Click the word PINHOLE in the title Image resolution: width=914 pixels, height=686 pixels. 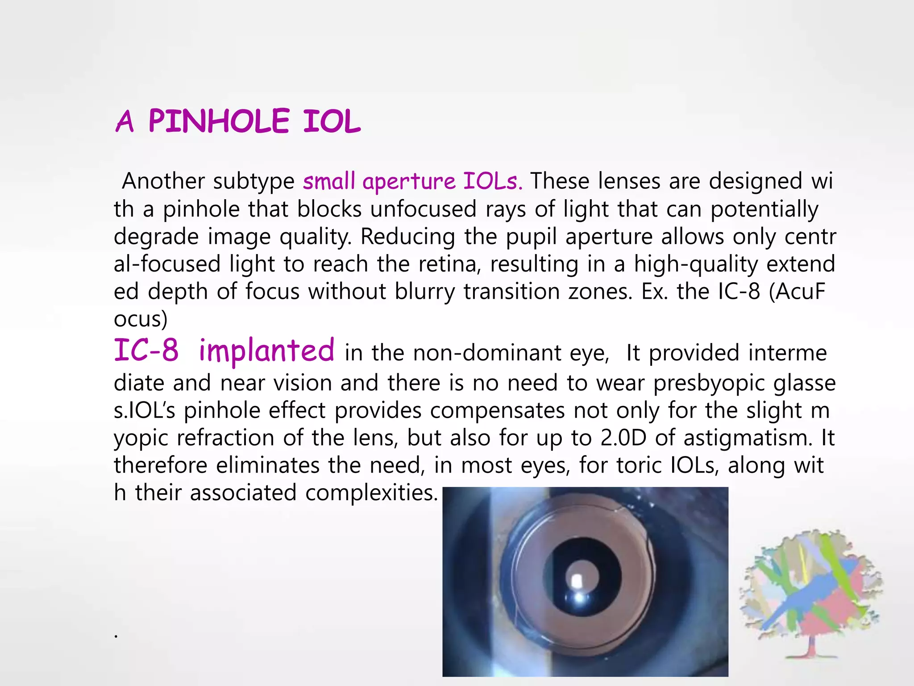[219, 121]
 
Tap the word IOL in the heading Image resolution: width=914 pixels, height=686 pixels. [332, 121]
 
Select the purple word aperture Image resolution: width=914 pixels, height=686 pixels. [409, 182]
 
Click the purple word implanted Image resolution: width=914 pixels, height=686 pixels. [266, 351]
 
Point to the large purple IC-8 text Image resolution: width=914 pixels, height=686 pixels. [146, 351]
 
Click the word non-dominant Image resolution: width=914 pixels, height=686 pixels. [487, 353]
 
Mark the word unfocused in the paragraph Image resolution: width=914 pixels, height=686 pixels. [424, 209]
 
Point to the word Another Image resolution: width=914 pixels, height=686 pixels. [163, 181]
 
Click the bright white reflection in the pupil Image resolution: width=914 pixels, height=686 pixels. [576, 581]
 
